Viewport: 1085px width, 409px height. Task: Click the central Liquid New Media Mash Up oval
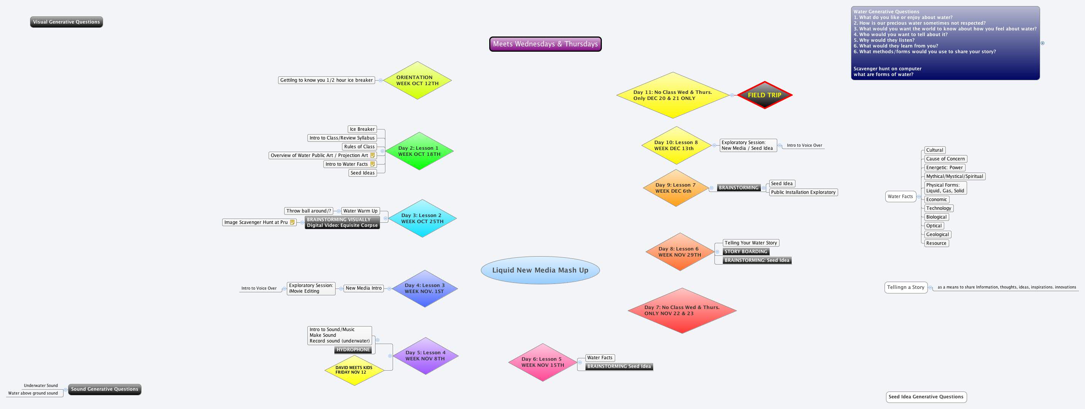(540, 270)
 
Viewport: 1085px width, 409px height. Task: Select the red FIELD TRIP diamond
(764, 95)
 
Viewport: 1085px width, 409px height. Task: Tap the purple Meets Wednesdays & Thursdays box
(545, 44)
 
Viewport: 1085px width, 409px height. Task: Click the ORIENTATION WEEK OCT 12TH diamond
(417, 80)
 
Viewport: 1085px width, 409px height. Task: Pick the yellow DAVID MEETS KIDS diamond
(354, 370)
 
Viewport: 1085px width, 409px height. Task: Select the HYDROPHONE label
(353, 350)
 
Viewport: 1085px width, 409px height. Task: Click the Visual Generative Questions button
(67, 22)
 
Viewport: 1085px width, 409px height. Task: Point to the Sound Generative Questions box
(105, 389)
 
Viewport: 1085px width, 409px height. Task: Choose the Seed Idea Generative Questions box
(926, 397)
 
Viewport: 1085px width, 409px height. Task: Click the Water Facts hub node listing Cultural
(900, 197)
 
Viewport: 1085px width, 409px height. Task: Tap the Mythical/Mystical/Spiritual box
(955, 176)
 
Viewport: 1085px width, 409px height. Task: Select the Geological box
(937, 235)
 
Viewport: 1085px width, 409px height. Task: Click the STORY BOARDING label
(746, 252)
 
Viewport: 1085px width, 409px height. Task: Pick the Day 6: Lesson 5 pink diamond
(542, 362)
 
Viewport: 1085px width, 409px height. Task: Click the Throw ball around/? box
(308, 211)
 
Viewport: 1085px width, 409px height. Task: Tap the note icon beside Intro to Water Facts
(372, 164)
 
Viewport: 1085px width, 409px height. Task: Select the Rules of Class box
(359, 146)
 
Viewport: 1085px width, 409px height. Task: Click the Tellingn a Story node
(905, 287)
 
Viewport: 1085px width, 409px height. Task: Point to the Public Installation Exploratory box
(803, 192)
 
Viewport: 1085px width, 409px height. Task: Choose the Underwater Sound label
(41, 385)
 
